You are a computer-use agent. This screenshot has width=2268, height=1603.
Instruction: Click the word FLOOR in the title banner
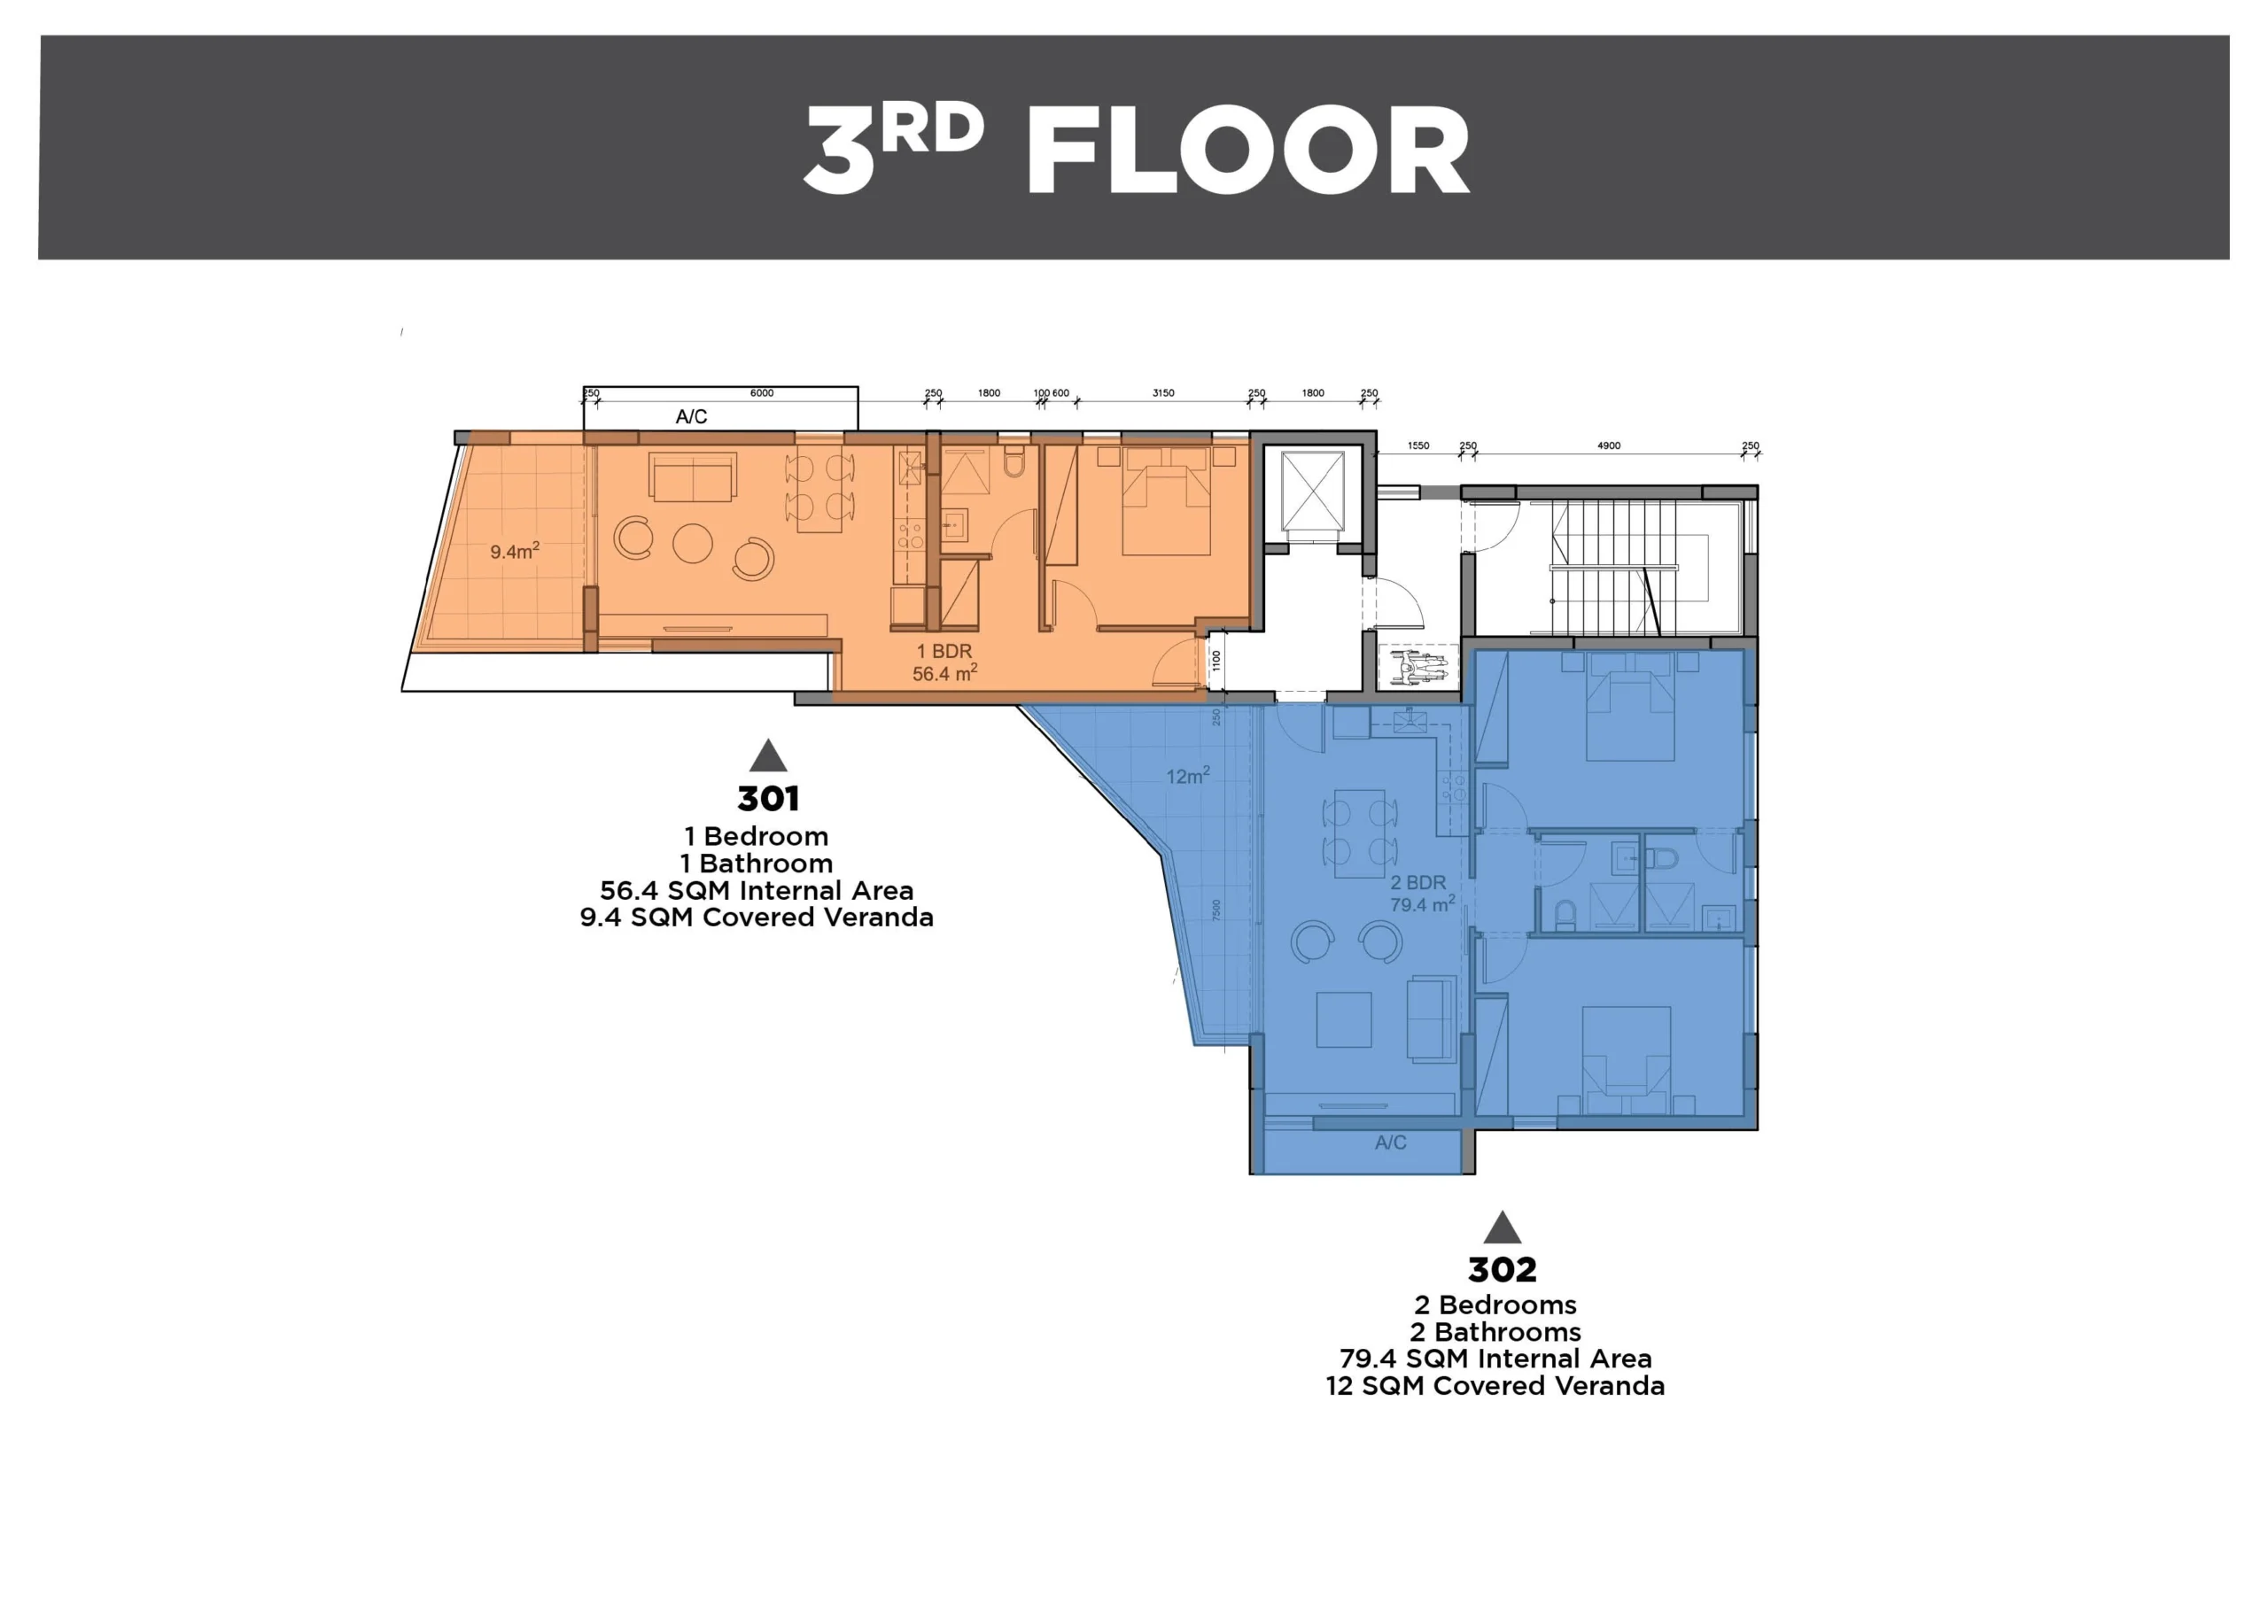click(1248, 151)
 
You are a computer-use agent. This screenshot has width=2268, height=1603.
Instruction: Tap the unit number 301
click(767, 798)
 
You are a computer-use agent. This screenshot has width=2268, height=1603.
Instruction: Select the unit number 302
click(1502, 1268)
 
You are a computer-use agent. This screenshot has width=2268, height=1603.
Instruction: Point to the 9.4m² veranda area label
click(515, 550)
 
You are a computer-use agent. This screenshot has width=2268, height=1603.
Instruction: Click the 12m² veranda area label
click(1187, 777)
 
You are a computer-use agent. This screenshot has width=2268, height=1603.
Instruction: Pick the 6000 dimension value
click(762, 393)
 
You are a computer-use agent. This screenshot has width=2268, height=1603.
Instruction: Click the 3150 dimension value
click(1163, 393)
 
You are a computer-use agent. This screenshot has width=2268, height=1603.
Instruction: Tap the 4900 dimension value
click(1608, 445)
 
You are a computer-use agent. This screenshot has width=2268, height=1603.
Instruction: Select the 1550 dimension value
click(1417, 445)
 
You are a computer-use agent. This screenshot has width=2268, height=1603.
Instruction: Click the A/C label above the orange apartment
click(691, 417)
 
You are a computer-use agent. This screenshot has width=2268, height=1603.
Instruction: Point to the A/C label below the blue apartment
click(1390, 1142)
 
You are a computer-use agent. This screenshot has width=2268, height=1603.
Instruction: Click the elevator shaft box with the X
click(1313, 490)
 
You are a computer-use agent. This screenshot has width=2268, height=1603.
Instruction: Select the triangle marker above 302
click(1502, 1227)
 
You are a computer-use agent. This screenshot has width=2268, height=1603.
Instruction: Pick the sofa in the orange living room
click(693, 477)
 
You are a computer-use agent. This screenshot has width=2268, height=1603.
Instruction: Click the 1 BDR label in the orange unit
click(944, 651)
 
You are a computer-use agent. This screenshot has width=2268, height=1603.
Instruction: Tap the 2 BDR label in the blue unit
click(1417, 882)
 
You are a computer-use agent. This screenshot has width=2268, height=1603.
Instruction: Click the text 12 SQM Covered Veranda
click(1495, 1386)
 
